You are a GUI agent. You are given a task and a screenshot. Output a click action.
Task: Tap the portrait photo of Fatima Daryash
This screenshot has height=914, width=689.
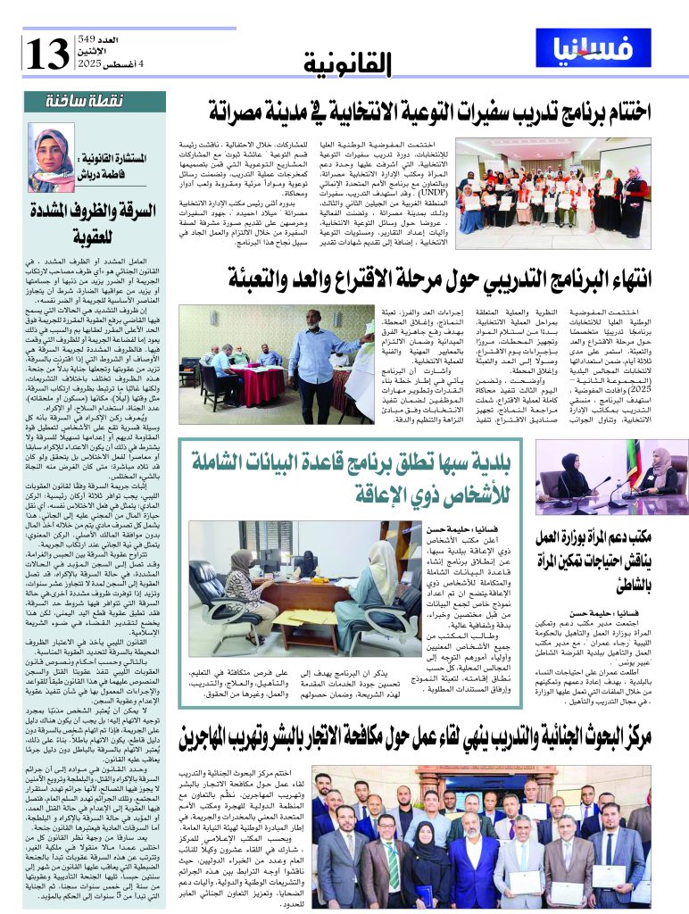coord(51,158)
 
